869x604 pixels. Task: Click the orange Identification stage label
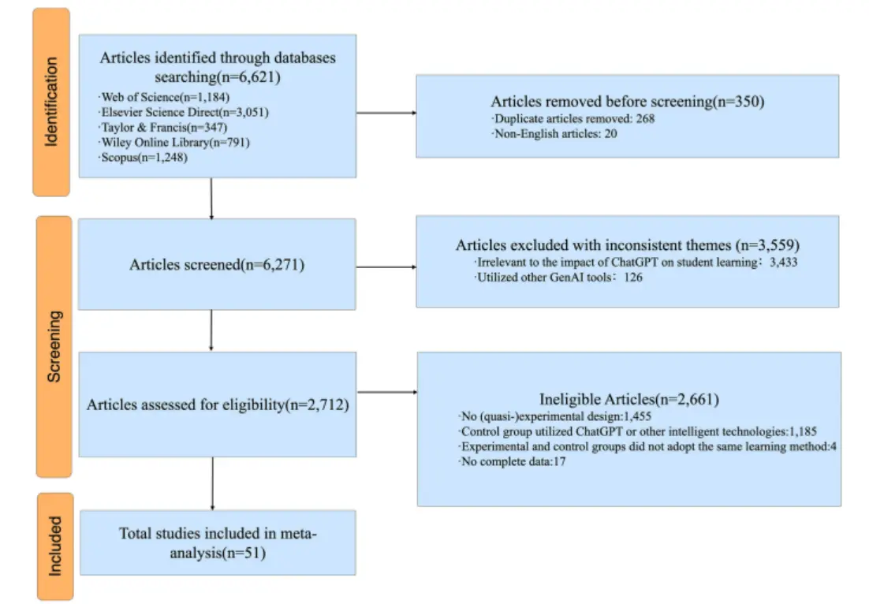tap(51, 102)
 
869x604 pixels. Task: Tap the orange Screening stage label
tap(54, 346)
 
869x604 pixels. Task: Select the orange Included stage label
tap(55, 546)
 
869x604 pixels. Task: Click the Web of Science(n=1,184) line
tap(163, 98)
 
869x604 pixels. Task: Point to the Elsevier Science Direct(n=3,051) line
tap(184, 113)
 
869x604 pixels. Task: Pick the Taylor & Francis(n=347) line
tap(162, 128)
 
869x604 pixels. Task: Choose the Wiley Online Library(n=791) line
tap(174, 143)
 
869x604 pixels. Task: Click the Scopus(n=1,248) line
tap(143, 158)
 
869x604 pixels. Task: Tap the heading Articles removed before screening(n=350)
tap(628, 102)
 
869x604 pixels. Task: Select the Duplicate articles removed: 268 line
tap(573, 118)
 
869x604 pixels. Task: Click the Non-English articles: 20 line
tap(554, 133)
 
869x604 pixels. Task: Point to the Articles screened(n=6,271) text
tap(217, 264)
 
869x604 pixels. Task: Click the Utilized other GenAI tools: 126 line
tap(558, 277)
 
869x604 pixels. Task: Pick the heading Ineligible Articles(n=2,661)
tap(629, 399)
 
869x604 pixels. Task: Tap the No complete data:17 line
tap(513, 461)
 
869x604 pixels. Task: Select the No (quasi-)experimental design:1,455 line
tap(555, 416)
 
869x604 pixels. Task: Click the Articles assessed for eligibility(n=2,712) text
tap(218, 405)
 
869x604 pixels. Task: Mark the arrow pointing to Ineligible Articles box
tap(387, 393)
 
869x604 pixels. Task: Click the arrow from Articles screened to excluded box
tap(386, 267)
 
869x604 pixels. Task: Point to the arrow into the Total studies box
tap(213, 484)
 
